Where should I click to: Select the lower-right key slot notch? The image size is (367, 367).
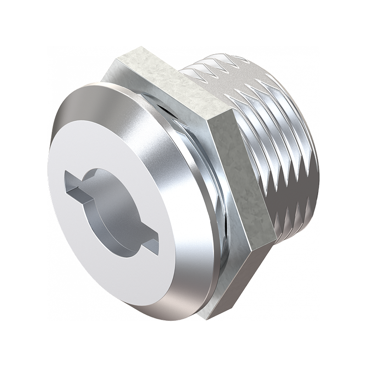pos(150,242)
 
